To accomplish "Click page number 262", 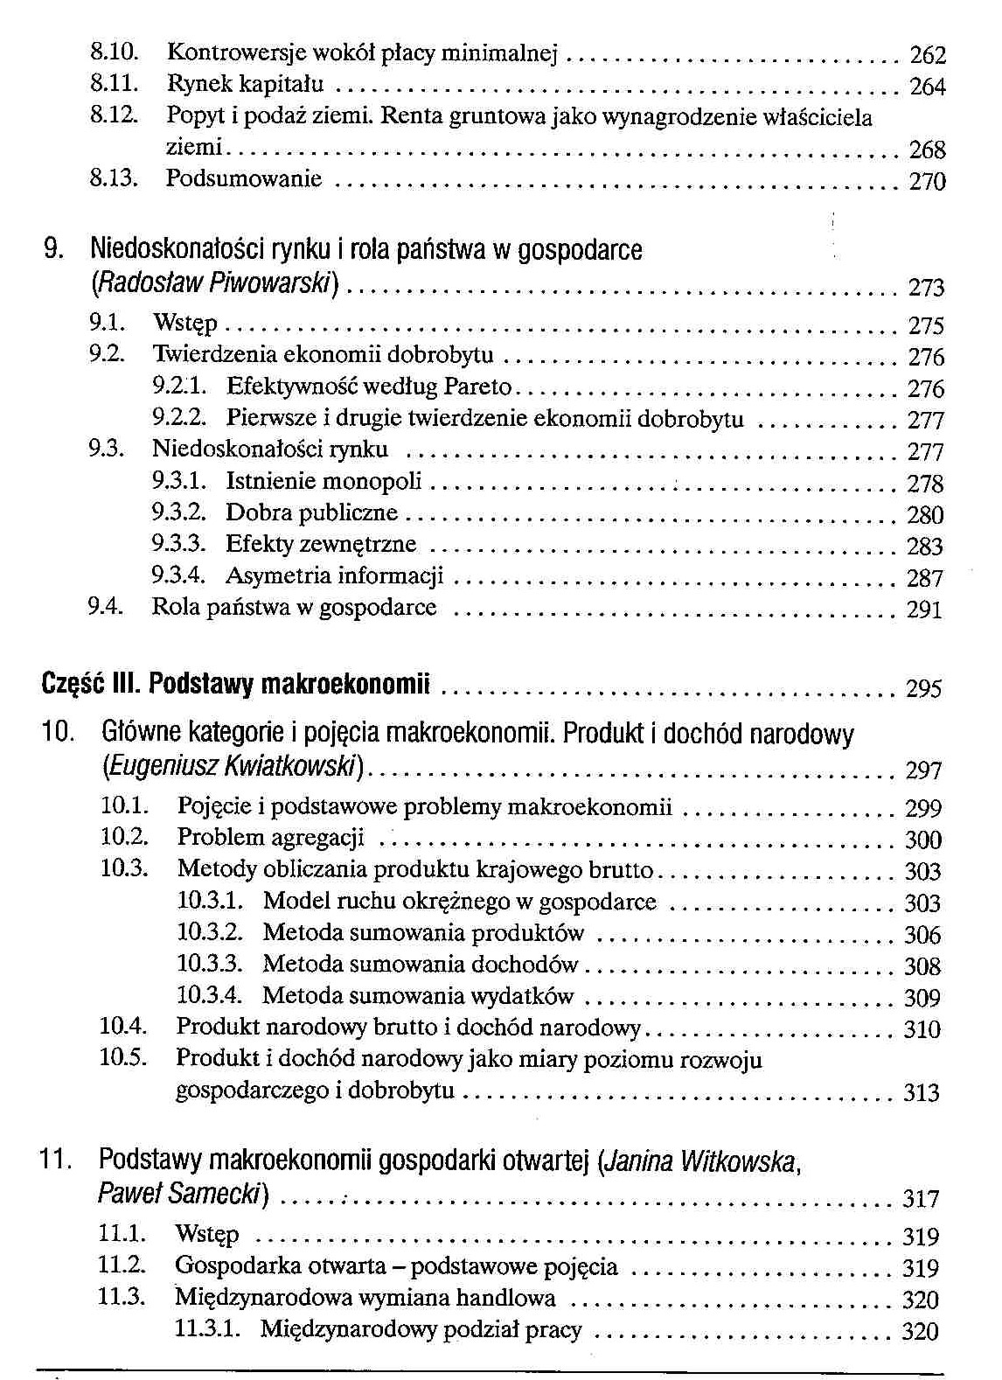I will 928,56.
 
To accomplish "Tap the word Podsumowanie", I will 244,179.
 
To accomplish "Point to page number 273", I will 926,288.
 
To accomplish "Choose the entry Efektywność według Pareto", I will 368,387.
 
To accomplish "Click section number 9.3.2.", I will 178,512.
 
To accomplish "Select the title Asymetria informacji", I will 334,576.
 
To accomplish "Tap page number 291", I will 925,610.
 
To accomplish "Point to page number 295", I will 924,689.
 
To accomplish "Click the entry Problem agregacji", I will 270,838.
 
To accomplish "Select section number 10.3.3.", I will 210,964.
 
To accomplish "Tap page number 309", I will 922,998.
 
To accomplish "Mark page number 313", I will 922,1092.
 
